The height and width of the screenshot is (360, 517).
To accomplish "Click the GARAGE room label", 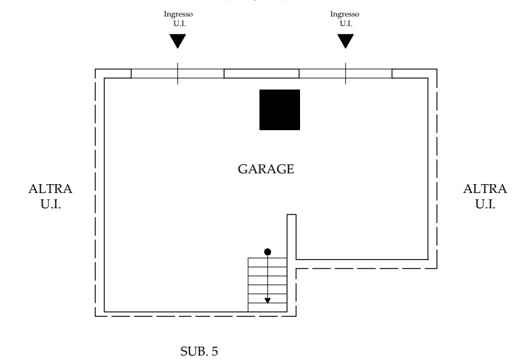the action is point(266,169).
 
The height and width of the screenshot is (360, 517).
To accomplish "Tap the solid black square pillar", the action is point(280,110).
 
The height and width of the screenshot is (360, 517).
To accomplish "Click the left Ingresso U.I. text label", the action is point(178,18).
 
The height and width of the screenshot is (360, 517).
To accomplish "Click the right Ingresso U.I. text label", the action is point(345,18).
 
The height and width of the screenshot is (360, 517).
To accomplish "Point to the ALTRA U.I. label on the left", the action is point(51,196).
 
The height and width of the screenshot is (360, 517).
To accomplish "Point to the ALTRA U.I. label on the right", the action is point(485,196).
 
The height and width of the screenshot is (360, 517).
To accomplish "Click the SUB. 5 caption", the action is point(199,351).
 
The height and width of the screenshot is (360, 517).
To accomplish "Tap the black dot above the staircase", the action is point(268,252).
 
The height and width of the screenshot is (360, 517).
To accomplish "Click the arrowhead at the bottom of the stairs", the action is point(268,300).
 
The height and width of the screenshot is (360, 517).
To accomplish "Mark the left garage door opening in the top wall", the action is point(178,74).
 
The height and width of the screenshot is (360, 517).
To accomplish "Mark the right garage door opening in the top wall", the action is point(346,74).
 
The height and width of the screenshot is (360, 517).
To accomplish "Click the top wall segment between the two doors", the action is point(261,74).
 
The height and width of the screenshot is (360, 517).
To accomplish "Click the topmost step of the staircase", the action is point(268,262).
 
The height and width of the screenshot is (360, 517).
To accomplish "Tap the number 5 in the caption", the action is point(214,351).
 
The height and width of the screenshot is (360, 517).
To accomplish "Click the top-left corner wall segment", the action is point(113,74).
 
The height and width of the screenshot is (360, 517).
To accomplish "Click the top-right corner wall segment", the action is point(414,74).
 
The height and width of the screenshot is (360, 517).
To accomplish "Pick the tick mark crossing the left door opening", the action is point(178,74).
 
